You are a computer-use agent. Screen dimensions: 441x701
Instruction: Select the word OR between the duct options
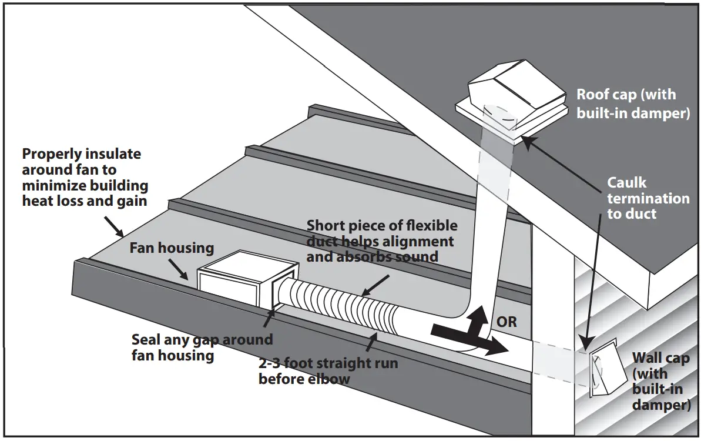(507, 323)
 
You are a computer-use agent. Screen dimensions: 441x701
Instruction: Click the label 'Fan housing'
(171, 248)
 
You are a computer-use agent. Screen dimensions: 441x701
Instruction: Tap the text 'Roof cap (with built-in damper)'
(632, 104)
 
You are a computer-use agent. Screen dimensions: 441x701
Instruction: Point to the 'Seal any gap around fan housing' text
(202, 348)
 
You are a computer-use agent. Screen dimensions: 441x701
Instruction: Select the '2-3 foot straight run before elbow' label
(327, 370)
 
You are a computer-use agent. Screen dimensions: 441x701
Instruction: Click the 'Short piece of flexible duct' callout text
(381, 241)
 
